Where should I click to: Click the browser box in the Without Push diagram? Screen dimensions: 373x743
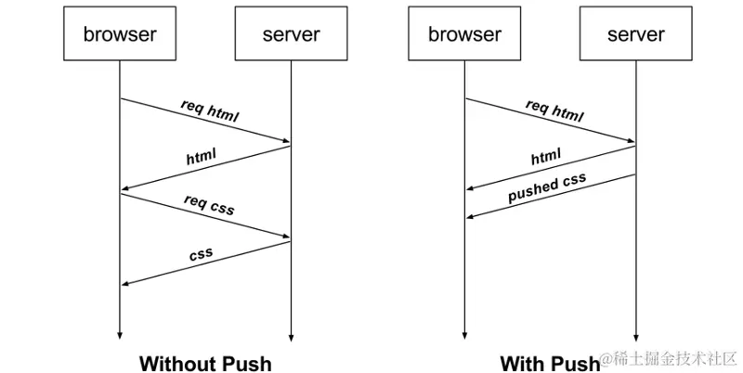120,35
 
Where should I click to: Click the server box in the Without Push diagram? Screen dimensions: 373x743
291,35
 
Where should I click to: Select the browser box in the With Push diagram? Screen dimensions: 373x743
464,35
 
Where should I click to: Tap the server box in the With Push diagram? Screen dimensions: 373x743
636,35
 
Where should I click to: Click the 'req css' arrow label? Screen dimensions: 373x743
209,205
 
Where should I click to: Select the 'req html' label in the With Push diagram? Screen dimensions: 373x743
554,110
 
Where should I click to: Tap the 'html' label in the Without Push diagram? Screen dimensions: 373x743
202,157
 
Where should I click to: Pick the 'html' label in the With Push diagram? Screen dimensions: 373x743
546,158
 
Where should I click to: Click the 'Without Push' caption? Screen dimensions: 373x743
205,363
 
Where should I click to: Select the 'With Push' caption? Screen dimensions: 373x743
550,363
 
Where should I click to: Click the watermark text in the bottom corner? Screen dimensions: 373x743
669,359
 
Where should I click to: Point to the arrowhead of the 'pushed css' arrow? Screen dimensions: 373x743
469,217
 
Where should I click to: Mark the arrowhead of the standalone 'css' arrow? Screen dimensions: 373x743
124,284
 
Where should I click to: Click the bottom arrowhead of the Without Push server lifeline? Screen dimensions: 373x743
291,337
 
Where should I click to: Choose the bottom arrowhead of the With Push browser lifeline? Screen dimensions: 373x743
464,337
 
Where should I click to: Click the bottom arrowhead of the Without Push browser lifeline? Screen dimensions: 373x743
120,337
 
